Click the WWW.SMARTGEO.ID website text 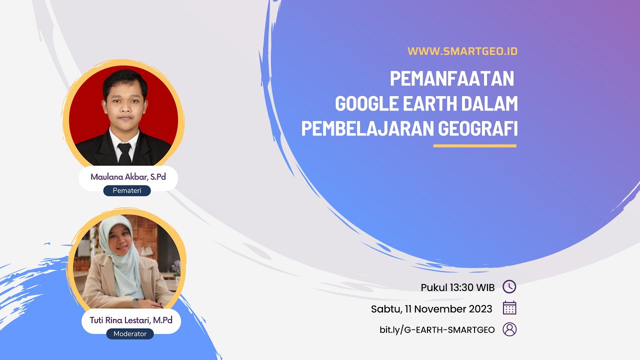(462, 51)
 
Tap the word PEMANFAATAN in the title (452, 79)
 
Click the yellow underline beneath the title (474, 146)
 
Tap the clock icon (509, 287)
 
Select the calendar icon (509, 308)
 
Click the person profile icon (509, 329)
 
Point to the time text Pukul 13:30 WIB (457, 287)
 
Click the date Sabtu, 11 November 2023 (431, 308)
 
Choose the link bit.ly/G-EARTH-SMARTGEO (437, 329)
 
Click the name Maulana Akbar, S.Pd (128, 177)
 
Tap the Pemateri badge (127, 190)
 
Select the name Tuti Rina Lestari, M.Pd (130, 320)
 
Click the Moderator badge (130, 333)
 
